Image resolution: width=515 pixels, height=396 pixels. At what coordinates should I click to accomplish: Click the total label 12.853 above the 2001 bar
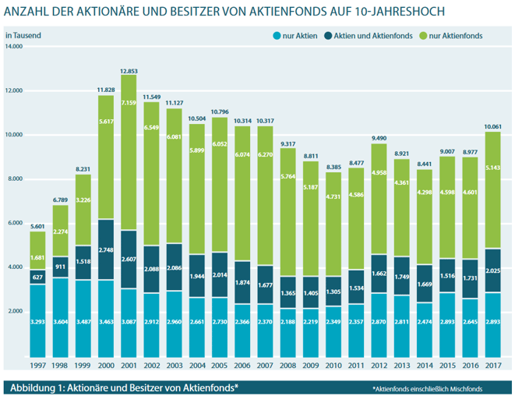[x=129, y=71]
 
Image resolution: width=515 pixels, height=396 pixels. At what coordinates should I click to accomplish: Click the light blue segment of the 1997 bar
[x=37, y=320]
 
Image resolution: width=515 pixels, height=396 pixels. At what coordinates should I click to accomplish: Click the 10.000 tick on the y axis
[x=15, y=135]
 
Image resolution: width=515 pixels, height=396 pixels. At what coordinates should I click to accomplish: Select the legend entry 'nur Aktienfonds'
[x=450, y=37]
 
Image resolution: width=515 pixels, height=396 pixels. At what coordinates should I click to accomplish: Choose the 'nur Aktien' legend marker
[x=276, y=37]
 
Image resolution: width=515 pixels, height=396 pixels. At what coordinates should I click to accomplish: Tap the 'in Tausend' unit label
[x=23, y=36]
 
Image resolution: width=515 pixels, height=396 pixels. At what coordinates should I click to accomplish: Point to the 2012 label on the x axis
[x=380, y=366]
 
